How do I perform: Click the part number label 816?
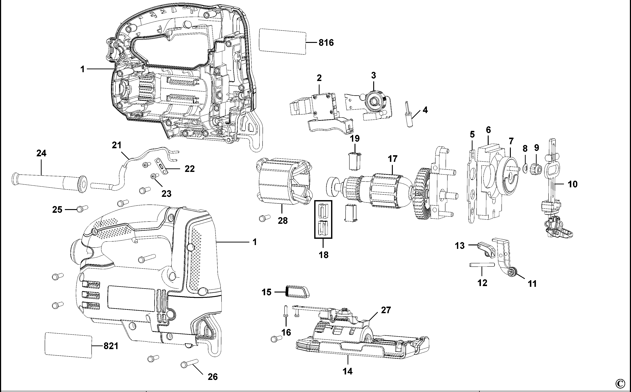[326, 42]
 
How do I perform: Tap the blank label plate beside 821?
[68, 345]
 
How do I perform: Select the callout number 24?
[41, 153]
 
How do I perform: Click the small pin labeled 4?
[408, 114]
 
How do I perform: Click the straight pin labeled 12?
[482, 265]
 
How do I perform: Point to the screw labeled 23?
[154, 176]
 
